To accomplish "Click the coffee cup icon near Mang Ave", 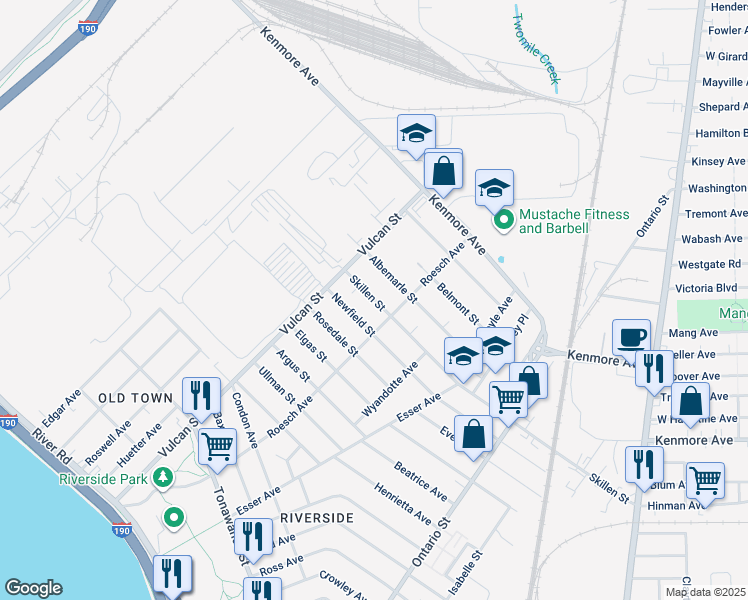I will tap(632, 337).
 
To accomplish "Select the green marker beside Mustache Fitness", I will tap(505, 220).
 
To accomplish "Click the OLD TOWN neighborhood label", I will tap(136, 398).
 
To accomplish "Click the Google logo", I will tap(33, 588).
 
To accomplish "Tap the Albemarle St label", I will tap(392, 281).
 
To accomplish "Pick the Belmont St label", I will tap(458, 304).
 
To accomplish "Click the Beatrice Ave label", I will tap(420, 481).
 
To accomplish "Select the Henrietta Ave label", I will tap(403, 505).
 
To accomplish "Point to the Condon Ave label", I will tap(246, 418).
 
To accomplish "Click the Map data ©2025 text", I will tap(706, 592).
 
